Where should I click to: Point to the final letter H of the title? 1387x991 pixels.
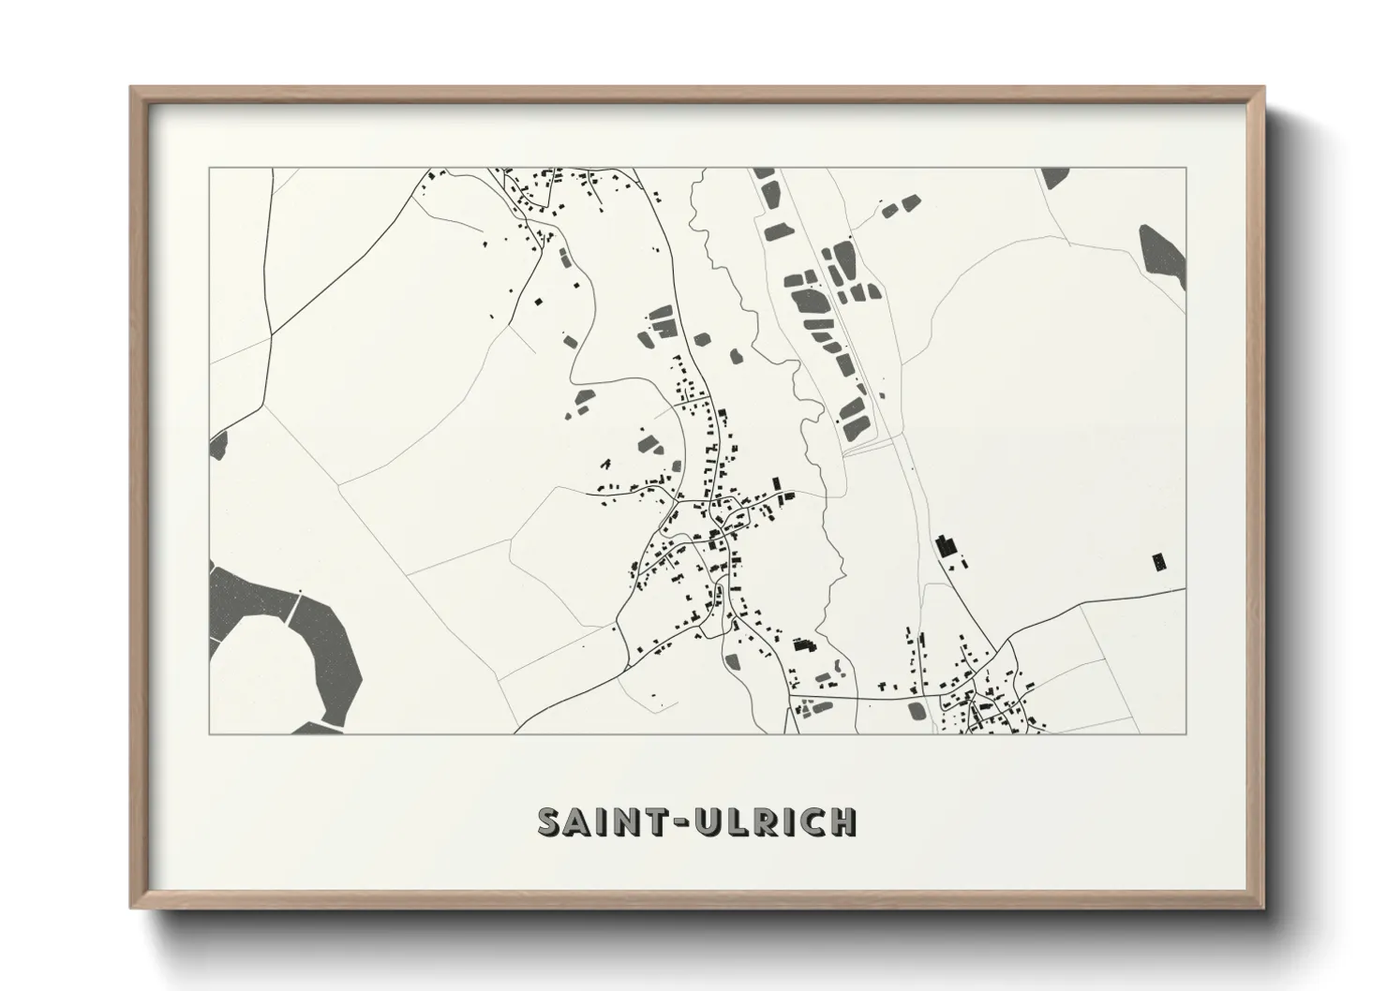pos(843,821)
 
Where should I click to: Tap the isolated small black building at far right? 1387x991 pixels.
pos(1160,562)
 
